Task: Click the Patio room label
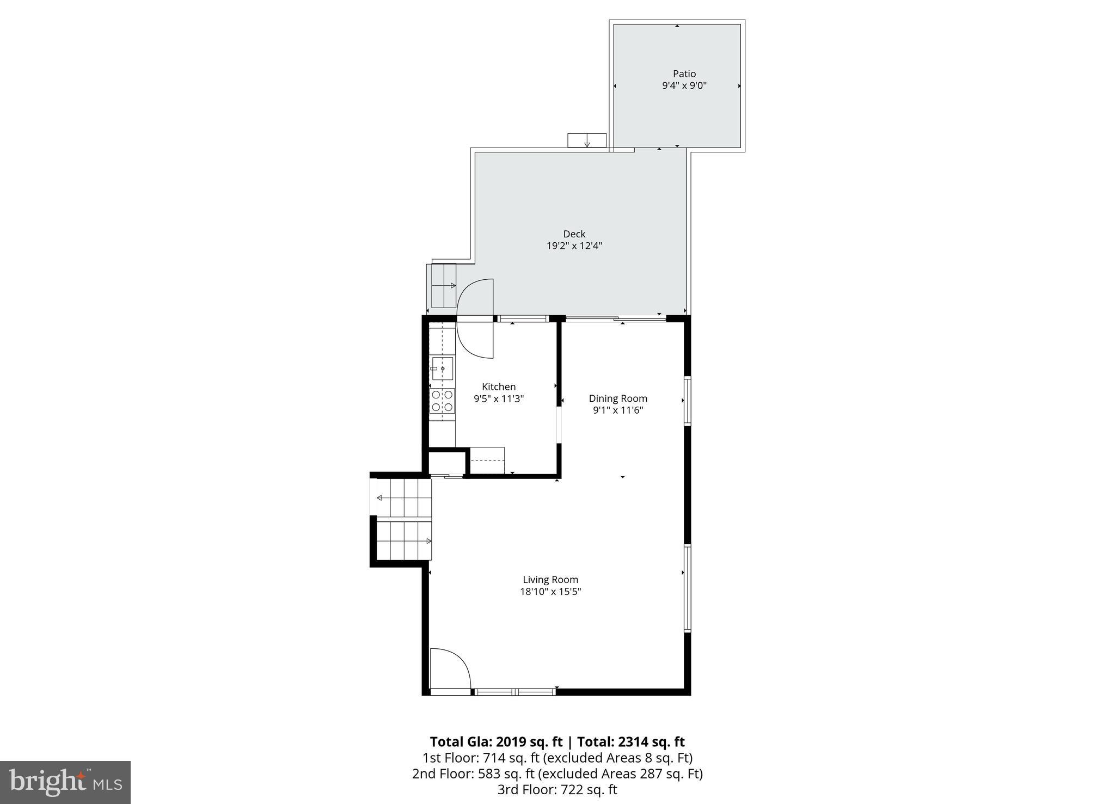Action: [684, 74]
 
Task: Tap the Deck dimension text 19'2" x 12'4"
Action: [574, 246]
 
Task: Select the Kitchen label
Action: [499, 387]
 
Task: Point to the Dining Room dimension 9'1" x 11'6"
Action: [618, 410]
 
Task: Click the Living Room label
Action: [550, 580]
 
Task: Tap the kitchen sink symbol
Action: [442, 369]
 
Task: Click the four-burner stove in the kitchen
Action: [442, 401]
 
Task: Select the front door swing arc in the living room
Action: [450, 668]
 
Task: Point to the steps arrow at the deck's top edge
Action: [587, 140]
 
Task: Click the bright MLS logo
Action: [65, 782]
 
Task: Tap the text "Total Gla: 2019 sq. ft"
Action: [495, 742]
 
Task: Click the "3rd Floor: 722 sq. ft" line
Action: [557, 790]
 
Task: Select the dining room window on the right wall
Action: [688, 401]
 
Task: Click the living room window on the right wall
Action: [688, 588]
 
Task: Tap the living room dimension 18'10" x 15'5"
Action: [550, 592]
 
